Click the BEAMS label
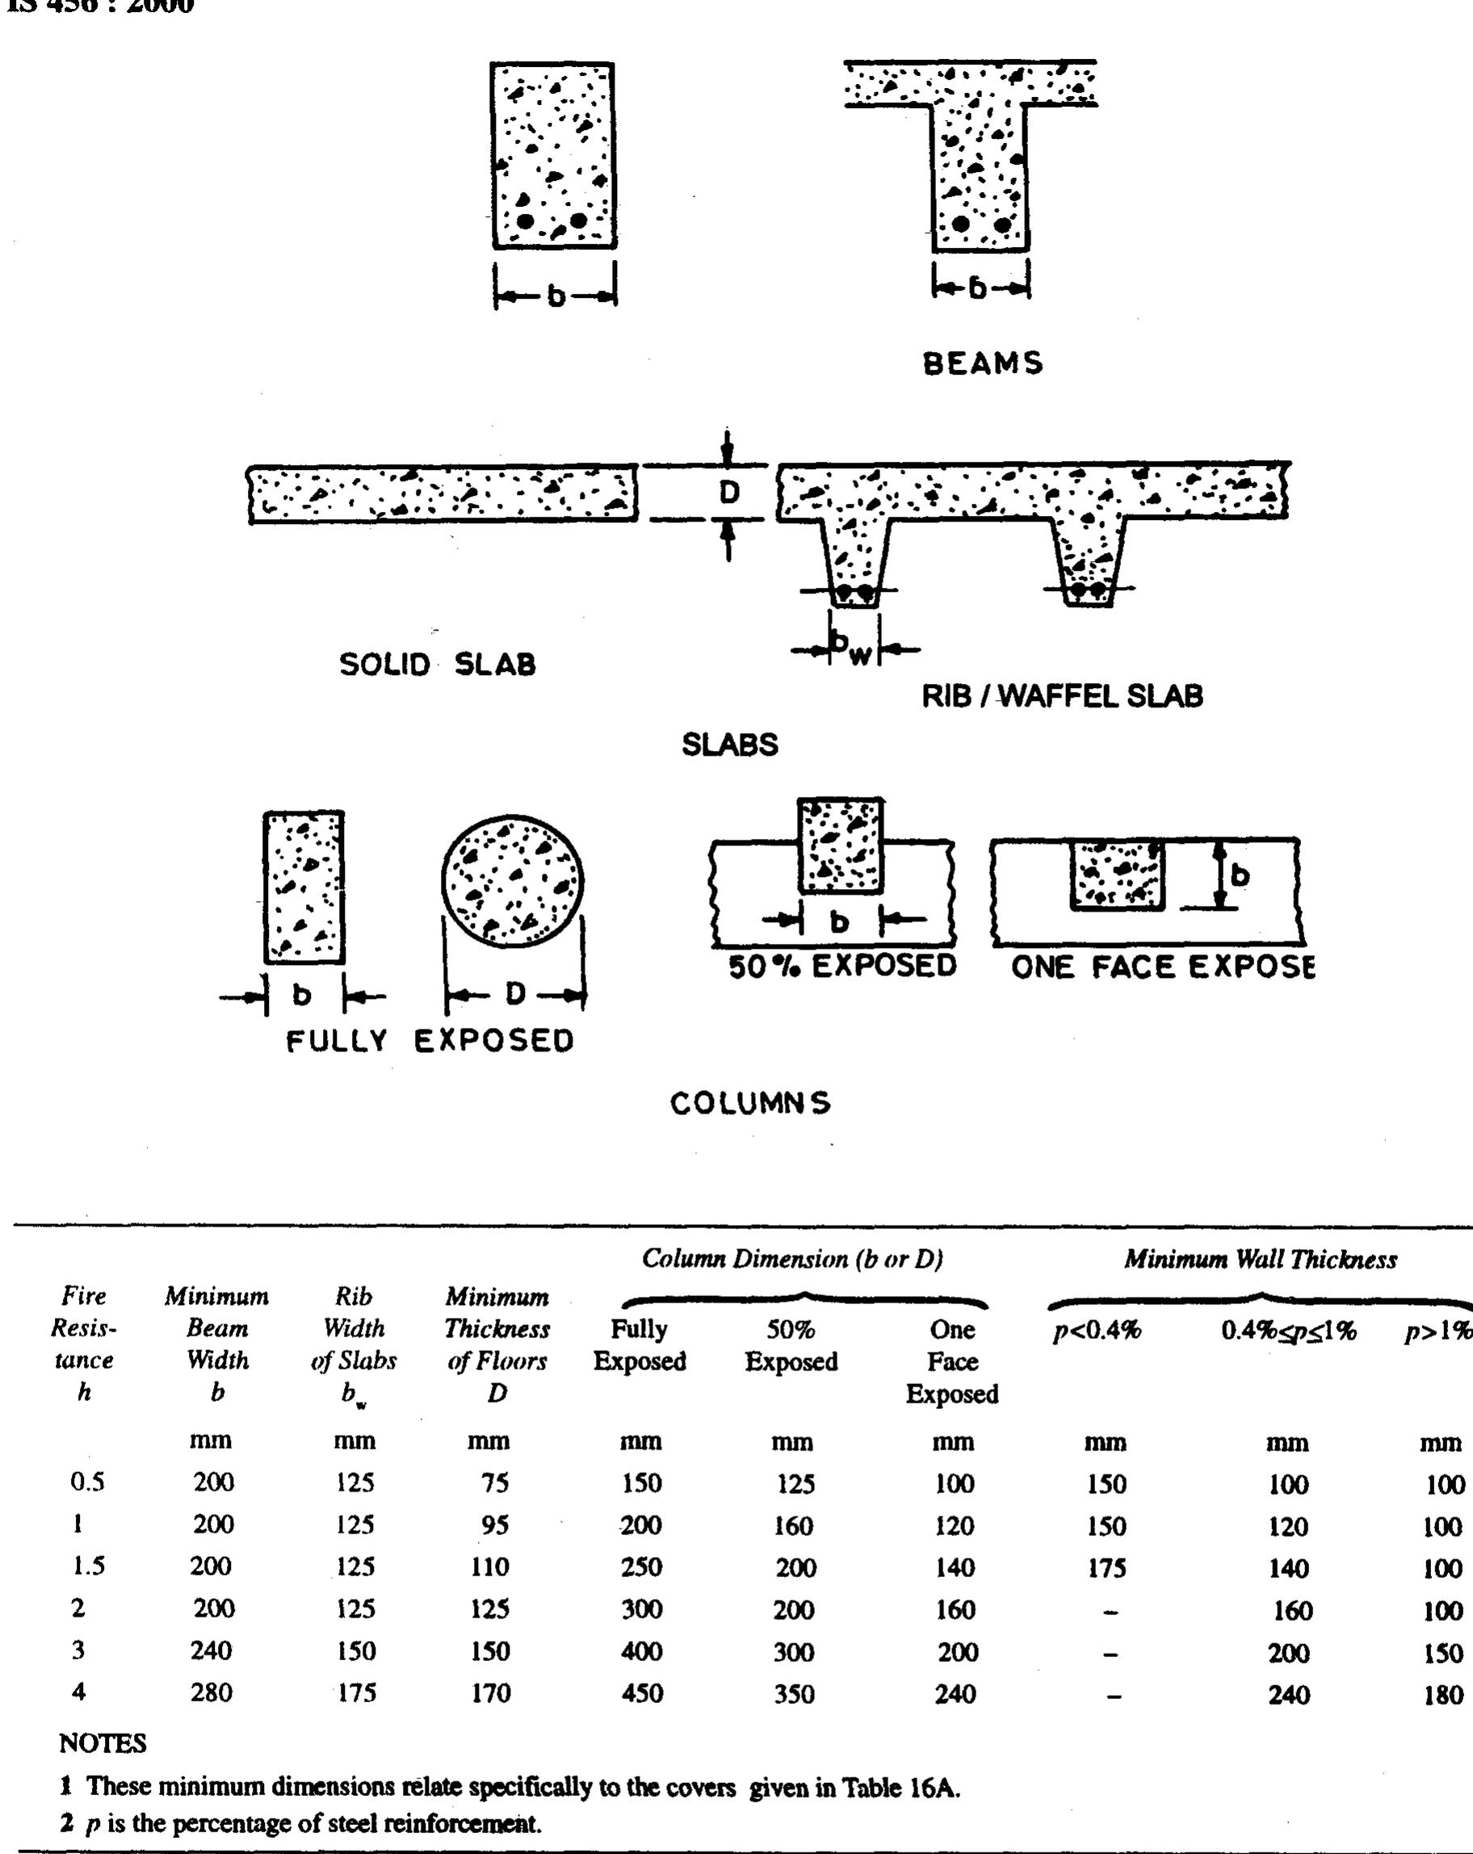point(983,363)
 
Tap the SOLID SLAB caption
point(437,664)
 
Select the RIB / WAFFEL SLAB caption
point(1062,696)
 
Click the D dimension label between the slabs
point(728,493)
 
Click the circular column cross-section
point(513,882)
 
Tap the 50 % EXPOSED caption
point(841,966)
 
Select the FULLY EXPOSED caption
point(429,1041)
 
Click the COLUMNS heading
point(751,1102)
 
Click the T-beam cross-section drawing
point(978,155)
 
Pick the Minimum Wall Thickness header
point(1261,1260)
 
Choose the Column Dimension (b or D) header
point(792,1259)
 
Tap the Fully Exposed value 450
point(641,1693)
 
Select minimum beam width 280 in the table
point(212,1693)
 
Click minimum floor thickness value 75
point(494,1483)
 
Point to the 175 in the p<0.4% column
point(1106,1567)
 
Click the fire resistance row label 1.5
point(88,1566)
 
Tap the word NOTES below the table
point(103,1743)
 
